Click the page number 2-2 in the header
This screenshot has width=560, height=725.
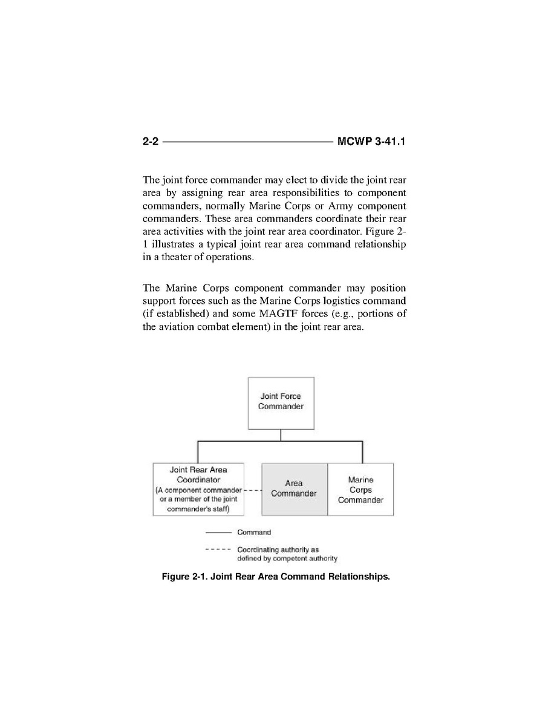(151, 142)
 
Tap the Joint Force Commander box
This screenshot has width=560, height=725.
(281, 402)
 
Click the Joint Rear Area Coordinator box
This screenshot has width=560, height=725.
(198, 489)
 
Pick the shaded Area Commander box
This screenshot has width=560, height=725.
(294, 489)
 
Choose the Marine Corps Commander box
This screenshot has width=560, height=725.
(360, 489)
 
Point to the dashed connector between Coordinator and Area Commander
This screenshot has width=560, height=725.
(252, 490)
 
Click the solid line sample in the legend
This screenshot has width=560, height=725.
(218, 533)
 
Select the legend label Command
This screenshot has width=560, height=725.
(254, 533)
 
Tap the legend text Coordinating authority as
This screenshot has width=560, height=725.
(278, 549)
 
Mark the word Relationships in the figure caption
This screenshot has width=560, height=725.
(359, 577)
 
